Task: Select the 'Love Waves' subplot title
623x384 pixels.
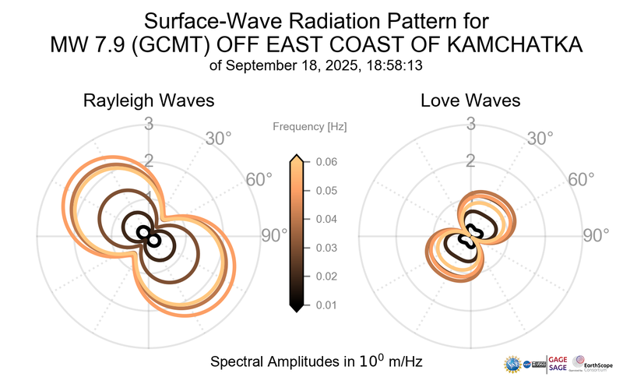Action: pos(470,101)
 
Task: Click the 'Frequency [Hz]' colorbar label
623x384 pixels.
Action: pos(309,125)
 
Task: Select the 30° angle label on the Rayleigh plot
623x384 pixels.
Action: pos(218,139)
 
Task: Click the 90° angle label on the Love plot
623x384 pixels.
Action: pos(597,235)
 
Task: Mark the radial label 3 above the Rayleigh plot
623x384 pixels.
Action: pos(148,123)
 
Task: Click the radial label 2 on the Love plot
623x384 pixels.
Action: pos(470,160)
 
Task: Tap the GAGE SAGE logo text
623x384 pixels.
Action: pos(559,363)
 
